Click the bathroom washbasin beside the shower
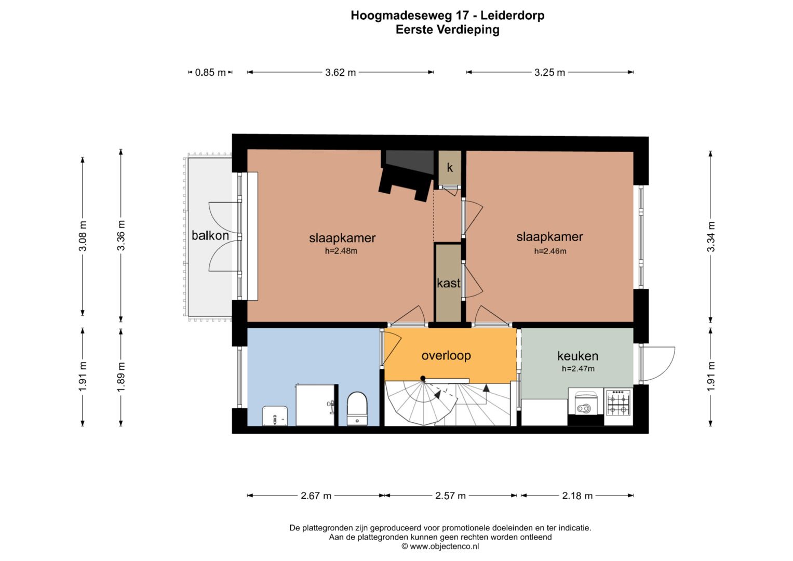(275, 416)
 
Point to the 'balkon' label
(210, 235)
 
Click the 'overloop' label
(446, 355)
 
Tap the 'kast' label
(449, 283)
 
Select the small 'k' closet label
(450, 167)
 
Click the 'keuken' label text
(578, 356)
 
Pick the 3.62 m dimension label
(341, 72)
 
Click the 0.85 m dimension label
(210, 72)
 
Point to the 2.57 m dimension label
(450, 496)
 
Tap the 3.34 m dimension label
(711, 236)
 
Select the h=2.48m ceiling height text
(341, 251)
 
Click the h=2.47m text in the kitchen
(578, 369)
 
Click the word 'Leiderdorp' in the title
(512, 16)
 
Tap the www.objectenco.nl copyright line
(440, 546)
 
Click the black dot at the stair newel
(423, 378)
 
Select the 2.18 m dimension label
(577, 496)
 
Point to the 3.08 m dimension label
(83, 236)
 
